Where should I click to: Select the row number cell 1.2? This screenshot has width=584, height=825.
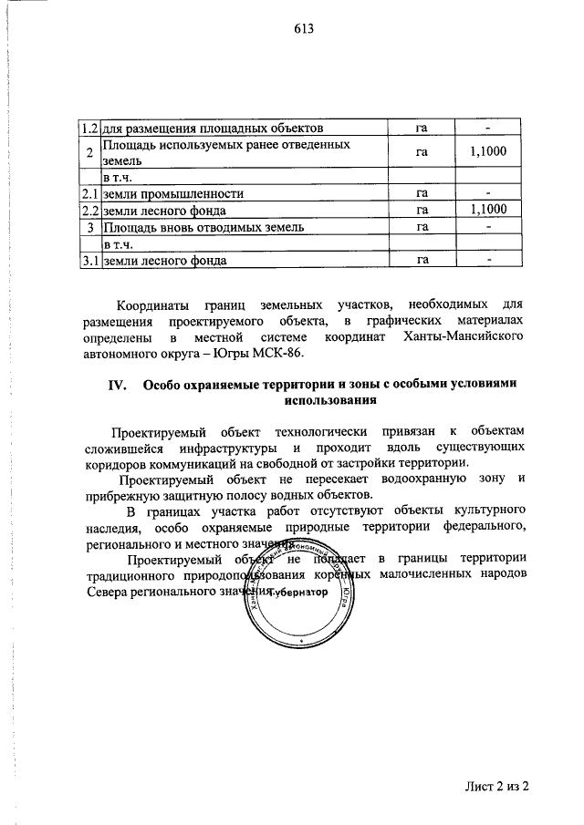tap(89, 129)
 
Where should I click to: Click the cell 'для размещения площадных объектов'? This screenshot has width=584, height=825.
tap(212, 129)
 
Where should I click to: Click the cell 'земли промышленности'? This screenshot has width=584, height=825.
tap(172, 194)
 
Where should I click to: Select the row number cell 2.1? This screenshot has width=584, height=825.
tap(89, 194)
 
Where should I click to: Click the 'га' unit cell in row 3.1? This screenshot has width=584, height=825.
tap(422, 261)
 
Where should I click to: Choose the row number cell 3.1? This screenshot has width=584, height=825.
tap(89, 261)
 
